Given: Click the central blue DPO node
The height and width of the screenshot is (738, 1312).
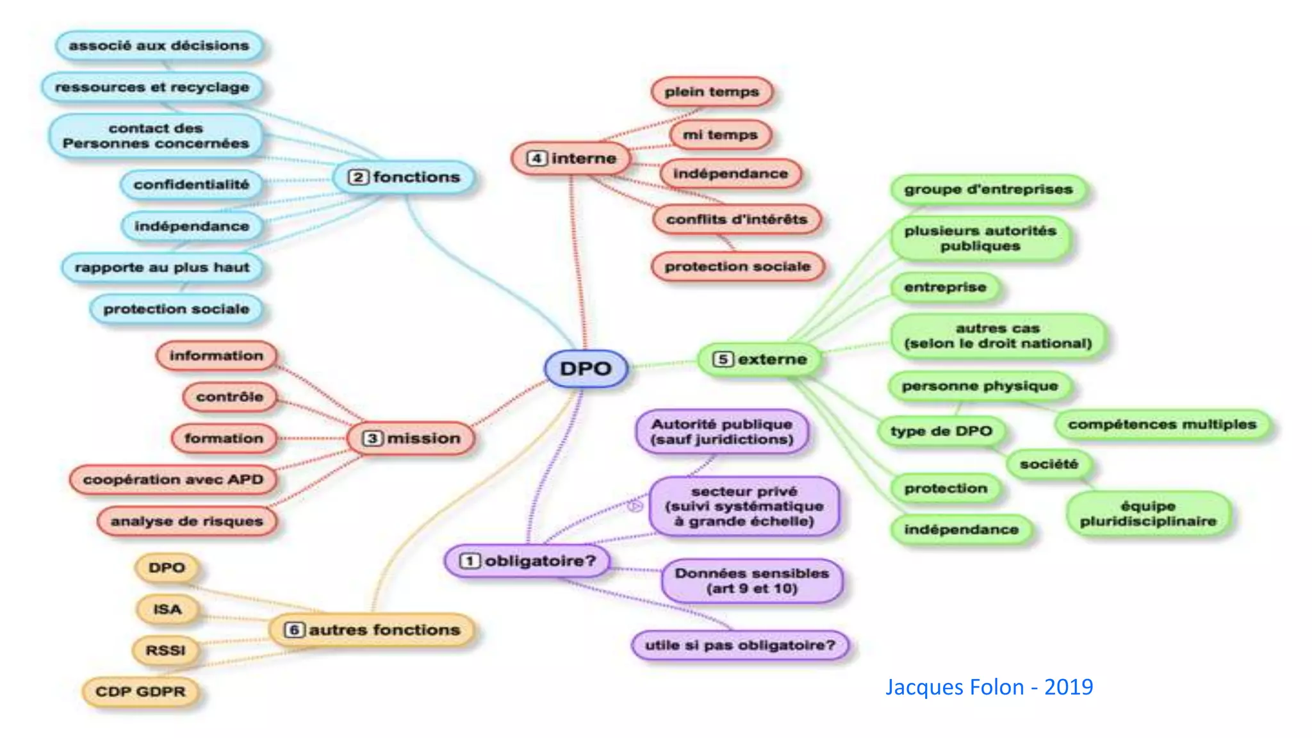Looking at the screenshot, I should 586,368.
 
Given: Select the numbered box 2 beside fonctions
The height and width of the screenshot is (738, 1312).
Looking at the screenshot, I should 358,177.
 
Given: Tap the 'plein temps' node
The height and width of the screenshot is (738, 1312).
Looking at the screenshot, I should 711,92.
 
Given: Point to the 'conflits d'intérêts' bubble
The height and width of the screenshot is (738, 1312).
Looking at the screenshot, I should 736,219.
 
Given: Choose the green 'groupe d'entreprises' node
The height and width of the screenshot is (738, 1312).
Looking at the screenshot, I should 988,189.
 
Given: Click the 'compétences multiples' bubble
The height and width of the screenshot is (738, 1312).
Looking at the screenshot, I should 1161,424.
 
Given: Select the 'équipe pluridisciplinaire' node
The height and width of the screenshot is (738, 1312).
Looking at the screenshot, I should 1148,513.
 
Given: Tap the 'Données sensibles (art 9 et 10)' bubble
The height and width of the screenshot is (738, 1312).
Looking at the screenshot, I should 751,580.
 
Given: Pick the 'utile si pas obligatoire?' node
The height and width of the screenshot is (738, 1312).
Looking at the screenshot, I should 740,645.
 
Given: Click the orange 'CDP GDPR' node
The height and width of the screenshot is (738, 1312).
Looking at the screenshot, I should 140,692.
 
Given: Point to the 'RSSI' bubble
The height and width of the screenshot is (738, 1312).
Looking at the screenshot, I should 165,650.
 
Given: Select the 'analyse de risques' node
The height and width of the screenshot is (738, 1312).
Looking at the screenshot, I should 187,521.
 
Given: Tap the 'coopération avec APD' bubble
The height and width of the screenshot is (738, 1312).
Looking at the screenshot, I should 173,479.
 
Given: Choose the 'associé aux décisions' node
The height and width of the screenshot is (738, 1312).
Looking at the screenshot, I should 159,45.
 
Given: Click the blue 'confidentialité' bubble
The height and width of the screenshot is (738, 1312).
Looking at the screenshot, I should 191,184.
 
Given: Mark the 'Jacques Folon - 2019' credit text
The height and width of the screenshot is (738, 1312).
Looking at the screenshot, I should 988,687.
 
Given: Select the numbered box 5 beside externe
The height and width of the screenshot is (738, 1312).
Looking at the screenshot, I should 723,359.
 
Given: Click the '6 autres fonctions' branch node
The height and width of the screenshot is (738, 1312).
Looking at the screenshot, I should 373,630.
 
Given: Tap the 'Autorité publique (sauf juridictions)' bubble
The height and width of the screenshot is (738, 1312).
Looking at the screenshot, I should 721,431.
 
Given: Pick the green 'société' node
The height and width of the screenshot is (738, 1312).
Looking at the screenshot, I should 1049,464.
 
